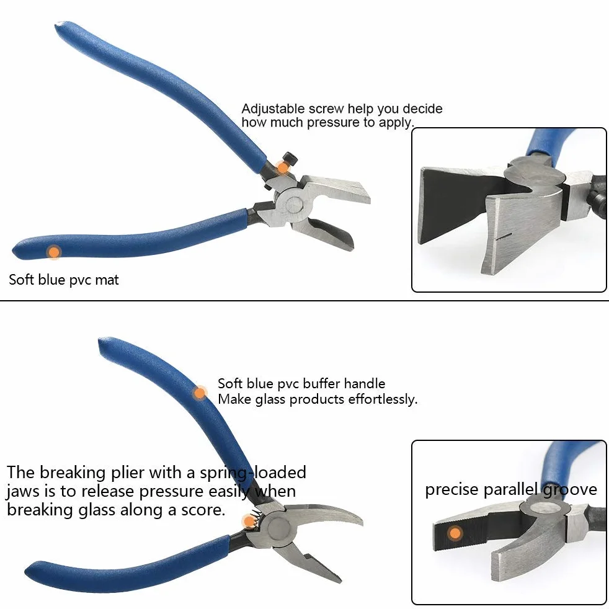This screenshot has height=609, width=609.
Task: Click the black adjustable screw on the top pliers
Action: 290,159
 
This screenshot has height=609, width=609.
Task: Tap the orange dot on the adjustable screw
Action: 283,168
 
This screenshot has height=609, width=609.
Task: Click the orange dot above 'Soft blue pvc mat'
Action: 54,252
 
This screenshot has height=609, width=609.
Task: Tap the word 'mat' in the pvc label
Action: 107,280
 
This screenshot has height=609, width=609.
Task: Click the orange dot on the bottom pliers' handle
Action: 200,393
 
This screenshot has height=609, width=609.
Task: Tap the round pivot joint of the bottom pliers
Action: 279,528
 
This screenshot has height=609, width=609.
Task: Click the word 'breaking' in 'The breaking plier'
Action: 73,473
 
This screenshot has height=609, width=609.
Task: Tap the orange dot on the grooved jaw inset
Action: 455,533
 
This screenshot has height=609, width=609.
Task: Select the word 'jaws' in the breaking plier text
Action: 24,492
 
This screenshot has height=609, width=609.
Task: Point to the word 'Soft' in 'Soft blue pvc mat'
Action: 22,280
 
